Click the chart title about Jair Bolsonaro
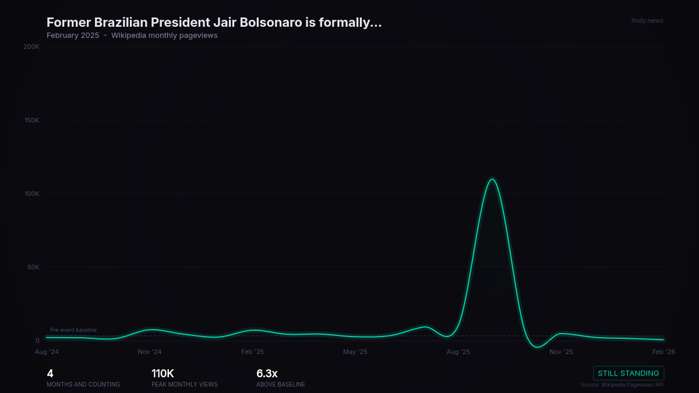214,23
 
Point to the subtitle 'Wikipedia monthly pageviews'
164,36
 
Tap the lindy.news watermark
647,21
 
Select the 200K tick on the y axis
31,47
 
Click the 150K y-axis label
31,121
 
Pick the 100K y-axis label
31,194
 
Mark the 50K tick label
33,267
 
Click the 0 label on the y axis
37,341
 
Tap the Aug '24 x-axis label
47,352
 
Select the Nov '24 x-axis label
150,352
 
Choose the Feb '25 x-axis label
252,352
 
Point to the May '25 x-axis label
355,352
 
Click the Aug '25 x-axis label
458,352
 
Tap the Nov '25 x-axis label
561,352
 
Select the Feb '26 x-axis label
663,352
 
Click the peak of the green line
492,179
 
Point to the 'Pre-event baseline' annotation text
73,330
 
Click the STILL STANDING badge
629,373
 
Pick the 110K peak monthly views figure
163,374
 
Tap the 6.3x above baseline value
267,374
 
